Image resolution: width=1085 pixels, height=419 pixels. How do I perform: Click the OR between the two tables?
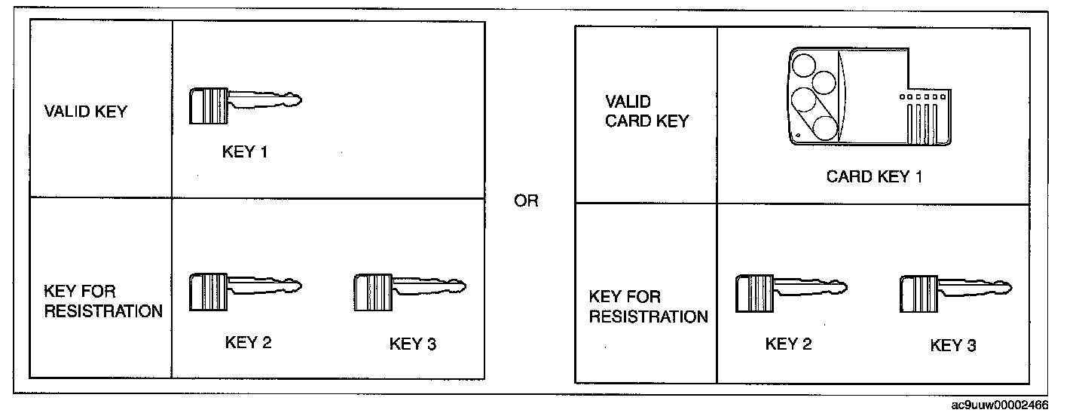click(x=526, y=202)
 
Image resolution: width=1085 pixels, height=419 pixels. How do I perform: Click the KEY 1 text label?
click(x=245, y=151)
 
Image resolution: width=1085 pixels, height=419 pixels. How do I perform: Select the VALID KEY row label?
click(x=86, y=112)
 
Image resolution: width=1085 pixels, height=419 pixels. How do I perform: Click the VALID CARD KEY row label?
click(x=647, y=112)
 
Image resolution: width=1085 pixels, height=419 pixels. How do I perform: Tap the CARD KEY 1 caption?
click(x=874, y=177)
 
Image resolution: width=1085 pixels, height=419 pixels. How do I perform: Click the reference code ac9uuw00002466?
click(x=1000, y=405)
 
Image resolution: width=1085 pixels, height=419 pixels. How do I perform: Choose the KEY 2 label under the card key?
click(x=788, y=344)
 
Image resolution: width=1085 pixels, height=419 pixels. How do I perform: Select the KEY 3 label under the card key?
click(x=953, y=345)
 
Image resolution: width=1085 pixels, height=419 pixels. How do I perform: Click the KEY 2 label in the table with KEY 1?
click(x=248, y=342)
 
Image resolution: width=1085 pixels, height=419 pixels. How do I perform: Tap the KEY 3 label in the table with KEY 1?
click(x=412, y=344)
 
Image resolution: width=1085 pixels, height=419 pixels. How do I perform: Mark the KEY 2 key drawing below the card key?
click(x=790, y=292)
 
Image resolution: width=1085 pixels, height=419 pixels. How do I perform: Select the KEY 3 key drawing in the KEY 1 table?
click(x=409, y=292)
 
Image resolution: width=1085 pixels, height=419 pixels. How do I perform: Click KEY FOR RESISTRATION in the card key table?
click(x=648, y=307)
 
